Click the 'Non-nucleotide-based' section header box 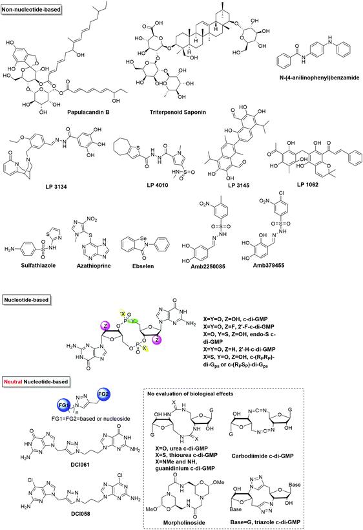35,7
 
